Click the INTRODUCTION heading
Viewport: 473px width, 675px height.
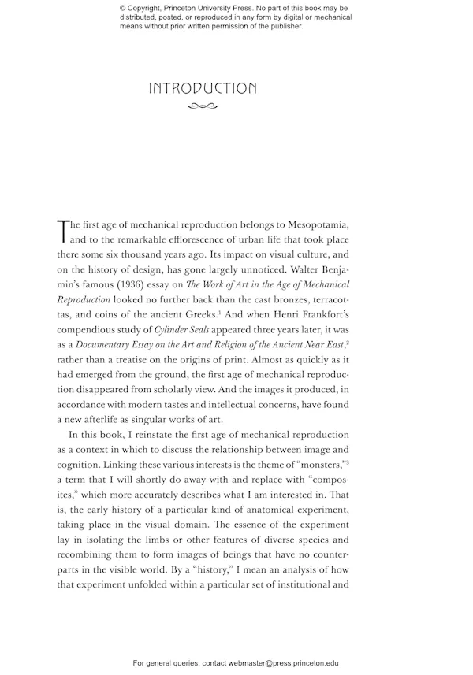203,88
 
